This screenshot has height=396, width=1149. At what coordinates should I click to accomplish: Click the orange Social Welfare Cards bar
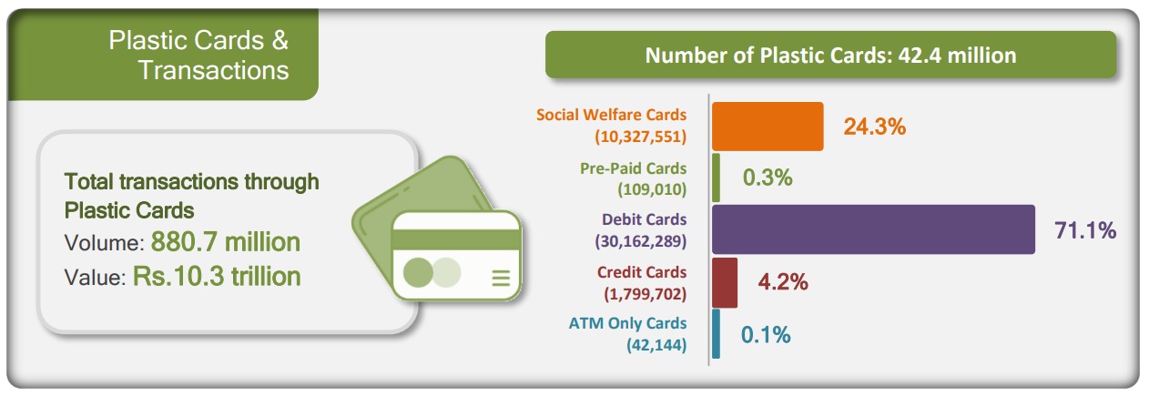tap(768, 127)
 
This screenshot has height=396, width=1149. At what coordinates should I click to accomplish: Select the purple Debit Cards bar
tap(873, 229)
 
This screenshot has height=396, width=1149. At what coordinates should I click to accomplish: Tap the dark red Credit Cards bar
tap(725, 282)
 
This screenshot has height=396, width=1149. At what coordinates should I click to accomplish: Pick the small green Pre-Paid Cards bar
tap(716, 178)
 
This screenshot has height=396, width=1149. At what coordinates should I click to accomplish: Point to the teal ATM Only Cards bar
tap(716, 333)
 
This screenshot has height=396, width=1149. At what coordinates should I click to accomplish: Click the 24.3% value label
tap(875, 127)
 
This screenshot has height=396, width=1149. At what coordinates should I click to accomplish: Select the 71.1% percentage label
tap(1085, 230)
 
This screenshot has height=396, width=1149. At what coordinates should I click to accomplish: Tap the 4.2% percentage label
tap(783, 281)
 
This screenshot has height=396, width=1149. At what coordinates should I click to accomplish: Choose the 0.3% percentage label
tap(768, 178)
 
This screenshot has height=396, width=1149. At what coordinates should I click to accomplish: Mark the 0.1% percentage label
tap(766, 334)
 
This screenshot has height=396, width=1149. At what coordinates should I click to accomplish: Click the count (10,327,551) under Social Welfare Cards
tap(640, 137)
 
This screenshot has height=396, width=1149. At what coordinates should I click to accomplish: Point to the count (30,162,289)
tap(640, 241)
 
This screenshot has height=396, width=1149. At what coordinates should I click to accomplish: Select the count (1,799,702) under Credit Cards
tap(645, 294)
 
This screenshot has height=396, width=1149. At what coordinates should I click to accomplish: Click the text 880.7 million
tap(225, 242)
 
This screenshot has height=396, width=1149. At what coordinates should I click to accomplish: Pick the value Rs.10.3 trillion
tap(217, 277)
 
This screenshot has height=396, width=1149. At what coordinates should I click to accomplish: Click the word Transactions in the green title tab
tap(213, 70)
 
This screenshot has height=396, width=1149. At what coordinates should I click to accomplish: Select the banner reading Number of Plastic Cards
tap(830, 55)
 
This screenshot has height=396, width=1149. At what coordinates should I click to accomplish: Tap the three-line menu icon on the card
tap(501, 278)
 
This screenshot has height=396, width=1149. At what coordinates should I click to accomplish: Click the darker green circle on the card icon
tap(418, 272)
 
